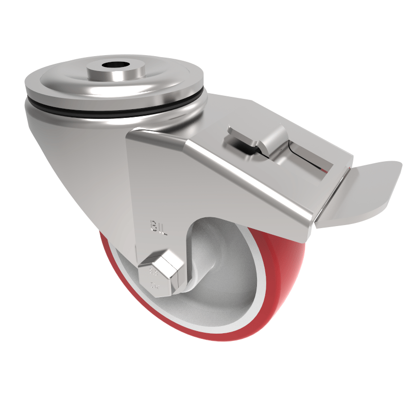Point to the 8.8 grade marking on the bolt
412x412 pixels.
point(153,272)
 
